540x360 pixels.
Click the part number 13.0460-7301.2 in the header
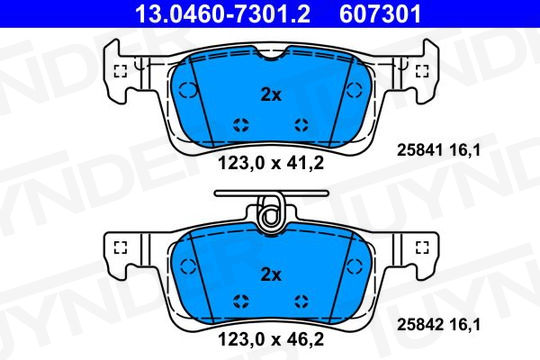click(x=222, y=14)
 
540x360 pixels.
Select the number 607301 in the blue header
click(x=380, y=14)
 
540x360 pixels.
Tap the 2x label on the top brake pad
click(x=271, y=95)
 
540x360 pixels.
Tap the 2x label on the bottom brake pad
click(x=271, y=275)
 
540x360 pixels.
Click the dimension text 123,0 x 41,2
click(x=271, y=163)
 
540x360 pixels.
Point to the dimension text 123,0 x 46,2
click(x=271, y=340)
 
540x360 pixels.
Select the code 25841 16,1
click(x=438, y=150)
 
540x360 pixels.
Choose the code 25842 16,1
click(x=438, y=325)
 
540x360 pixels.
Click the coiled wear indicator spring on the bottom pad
click(x=272, y=214)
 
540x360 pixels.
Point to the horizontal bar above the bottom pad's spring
click(x=271, y=193)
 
